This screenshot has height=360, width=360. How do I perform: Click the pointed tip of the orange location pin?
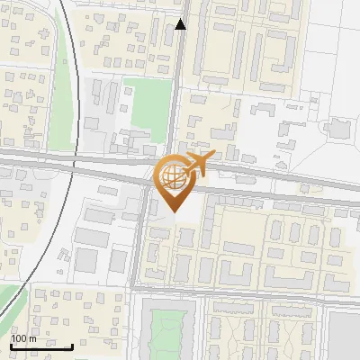click(x=174, y=211)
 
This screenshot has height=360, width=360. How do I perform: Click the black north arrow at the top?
click(x=180, y=24)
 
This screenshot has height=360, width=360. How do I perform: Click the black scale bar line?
click(x=41, y=346)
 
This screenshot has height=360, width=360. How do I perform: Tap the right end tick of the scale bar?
click(x=72, y=344)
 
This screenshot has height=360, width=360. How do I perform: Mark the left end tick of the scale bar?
click(x=11, y=344)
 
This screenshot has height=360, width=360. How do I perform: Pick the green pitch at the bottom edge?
click(x=170, y=334)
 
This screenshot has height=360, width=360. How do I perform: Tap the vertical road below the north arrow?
click(x=179, y=81)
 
